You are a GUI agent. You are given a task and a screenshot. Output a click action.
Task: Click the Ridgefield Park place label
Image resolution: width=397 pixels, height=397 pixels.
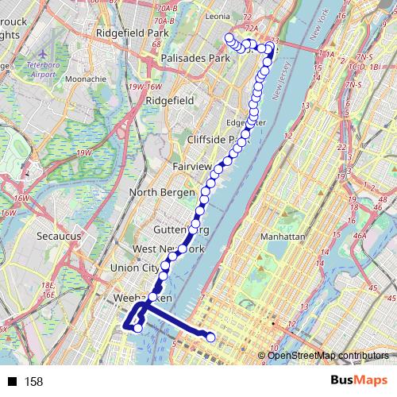pyautogui.click(x=133, y=33)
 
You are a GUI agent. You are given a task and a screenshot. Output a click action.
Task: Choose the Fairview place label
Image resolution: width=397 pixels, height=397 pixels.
pyautogui.click(x=192, y=167)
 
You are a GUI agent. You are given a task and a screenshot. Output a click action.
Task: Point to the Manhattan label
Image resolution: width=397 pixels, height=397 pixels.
pyautogui.click(x=283, y=237)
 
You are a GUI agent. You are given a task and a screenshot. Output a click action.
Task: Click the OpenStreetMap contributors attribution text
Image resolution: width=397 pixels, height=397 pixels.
pyautogui.click(x=326, y=355)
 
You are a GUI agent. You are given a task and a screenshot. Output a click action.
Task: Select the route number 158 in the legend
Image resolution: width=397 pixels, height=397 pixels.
pyautogui.click(x=33, y=382)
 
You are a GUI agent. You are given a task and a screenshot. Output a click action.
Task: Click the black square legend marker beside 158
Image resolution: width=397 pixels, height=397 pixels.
pyautogui.click(x=12, y=382)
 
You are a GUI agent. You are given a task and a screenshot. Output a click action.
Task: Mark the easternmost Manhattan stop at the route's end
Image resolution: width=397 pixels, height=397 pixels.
pyautogui.click(x=211, y=338)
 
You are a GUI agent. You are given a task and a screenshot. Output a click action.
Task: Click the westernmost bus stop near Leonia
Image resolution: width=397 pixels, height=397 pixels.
pyautogui.click(x=229, y=38)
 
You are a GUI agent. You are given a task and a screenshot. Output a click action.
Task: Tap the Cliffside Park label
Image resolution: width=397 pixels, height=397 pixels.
pyautogui.click(x=213, y=139)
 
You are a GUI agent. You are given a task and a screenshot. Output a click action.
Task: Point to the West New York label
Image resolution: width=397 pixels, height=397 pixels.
pyautogui.click(x=168, y=249)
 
